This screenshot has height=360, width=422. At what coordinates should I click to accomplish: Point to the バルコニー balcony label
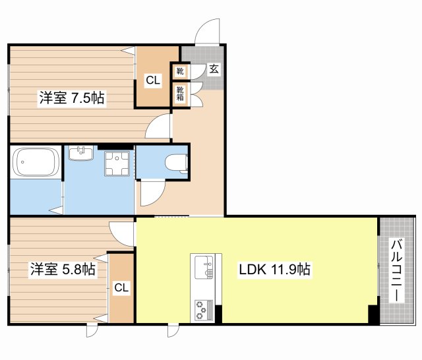click(x=396, y=271)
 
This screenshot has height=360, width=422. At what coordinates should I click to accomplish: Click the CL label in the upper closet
click(x=152, y=80)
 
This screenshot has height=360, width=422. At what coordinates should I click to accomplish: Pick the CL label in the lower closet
click(x=121, y=287)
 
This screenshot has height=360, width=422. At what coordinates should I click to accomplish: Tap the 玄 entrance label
click(x=214, y=68)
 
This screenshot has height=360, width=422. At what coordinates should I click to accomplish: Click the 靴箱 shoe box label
click(x=180, y=94)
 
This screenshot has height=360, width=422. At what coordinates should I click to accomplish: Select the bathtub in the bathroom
click(x=36, y=162)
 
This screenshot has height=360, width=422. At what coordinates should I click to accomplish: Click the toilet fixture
click(x=177, y=162)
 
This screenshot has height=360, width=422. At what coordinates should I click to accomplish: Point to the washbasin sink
click(x=82, y=154)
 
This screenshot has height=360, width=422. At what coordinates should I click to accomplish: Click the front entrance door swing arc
click(x=207, y=32)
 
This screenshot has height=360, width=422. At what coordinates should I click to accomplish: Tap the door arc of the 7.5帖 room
click(x=160, y=125)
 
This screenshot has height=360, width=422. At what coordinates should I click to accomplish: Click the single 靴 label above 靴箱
click(x=180, y=71)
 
